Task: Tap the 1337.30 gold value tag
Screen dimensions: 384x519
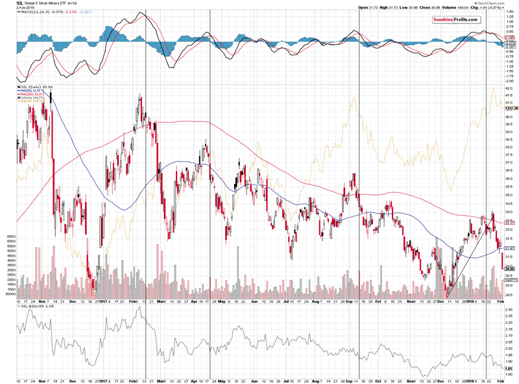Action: tap(511, 109)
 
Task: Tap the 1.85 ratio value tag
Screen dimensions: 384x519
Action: tap(510, 368)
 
